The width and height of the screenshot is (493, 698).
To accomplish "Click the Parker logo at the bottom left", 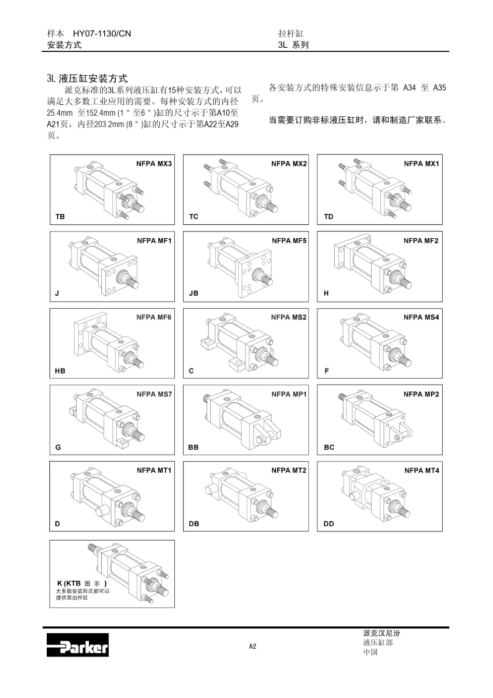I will point(78,645).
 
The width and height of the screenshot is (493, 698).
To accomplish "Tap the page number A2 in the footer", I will point(252,646).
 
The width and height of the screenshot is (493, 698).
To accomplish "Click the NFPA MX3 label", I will point(154,163).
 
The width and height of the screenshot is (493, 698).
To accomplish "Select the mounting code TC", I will point(194,216).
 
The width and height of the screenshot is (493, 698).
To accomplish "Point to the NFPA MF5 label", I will point(289,240).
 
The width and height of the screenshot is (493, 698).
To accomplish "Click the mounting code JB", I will point(194,293).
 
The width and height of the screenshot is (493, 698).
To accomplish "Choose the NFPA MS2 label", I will point(289,317).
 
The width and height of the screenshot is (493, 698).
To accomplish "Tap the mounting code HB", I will point(60,371).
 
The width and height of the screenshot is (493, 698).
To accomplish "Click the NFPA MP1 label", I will point(289,394).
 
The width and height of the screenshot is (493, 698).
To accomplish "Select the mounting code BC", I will point(329,447).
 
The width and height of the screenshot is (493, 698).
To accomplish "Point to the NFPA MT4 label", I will point(421,470).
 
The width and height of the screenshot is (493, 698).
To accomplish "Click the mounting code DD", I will point(329,524).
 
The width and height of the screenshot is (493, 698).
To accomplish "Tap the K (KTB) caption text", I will point(82,583).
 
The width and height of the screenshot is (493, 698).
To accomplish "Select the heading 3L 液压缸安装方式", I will point(87,79).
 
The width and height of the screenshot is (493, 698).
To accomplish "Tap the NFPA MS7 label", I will point(154,394).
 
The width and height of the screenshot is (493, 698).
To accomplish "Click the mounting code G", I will point(58,447).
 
